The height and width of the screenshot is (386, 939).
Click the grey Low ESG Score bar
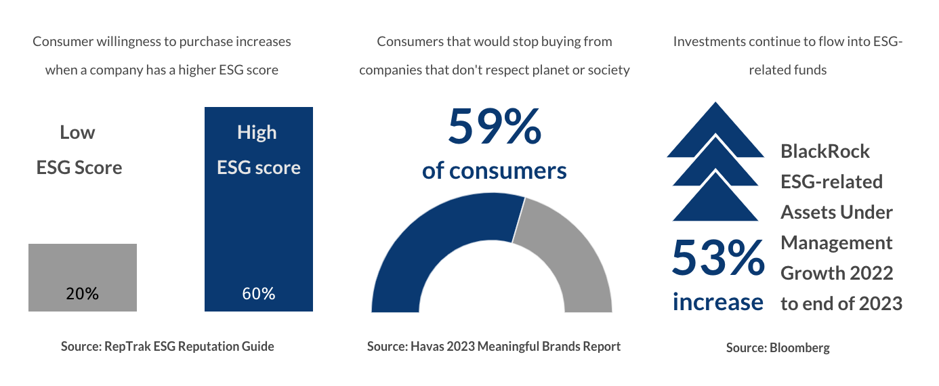[x=82, y=267]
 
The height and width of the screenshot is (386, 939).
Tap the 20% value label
[x=82, y=294]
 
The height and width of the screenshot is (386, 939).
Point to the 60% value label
[x=258, y=294]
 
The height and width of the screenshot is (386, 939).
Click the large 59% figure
[x=494, y=127]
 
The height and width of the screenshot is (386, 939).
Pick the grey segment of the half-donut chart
[x=566, y=251]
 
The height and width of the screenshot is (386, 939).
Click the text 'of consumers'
[x=494, y=171]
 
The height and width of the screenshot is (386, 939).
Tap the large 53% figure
[x=717, y=259]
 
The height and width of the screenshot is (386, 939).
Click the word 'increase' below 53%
[x=717, y=301]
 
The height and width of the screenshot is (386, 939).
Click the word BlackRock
[x=825, y=151]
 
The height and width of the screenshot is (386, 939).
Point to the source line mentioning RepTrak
[x=167, y=346]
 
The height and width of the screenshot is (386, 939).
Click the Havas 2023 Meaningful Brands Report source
[x=493, y=346]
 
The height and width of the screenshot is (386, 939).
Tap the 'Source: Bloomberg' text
[x=778, y=348]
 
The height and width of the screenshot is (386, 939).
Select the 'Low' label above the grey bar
[x=77, y=133]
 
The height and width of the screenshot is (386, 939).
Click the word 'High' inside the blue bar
[x=257, y=133]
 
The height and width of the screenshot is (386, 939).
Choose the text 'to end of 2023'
[x=841, y=303]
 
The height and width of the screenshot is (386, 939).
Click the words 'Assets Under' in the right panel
[x=836, y=212]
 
